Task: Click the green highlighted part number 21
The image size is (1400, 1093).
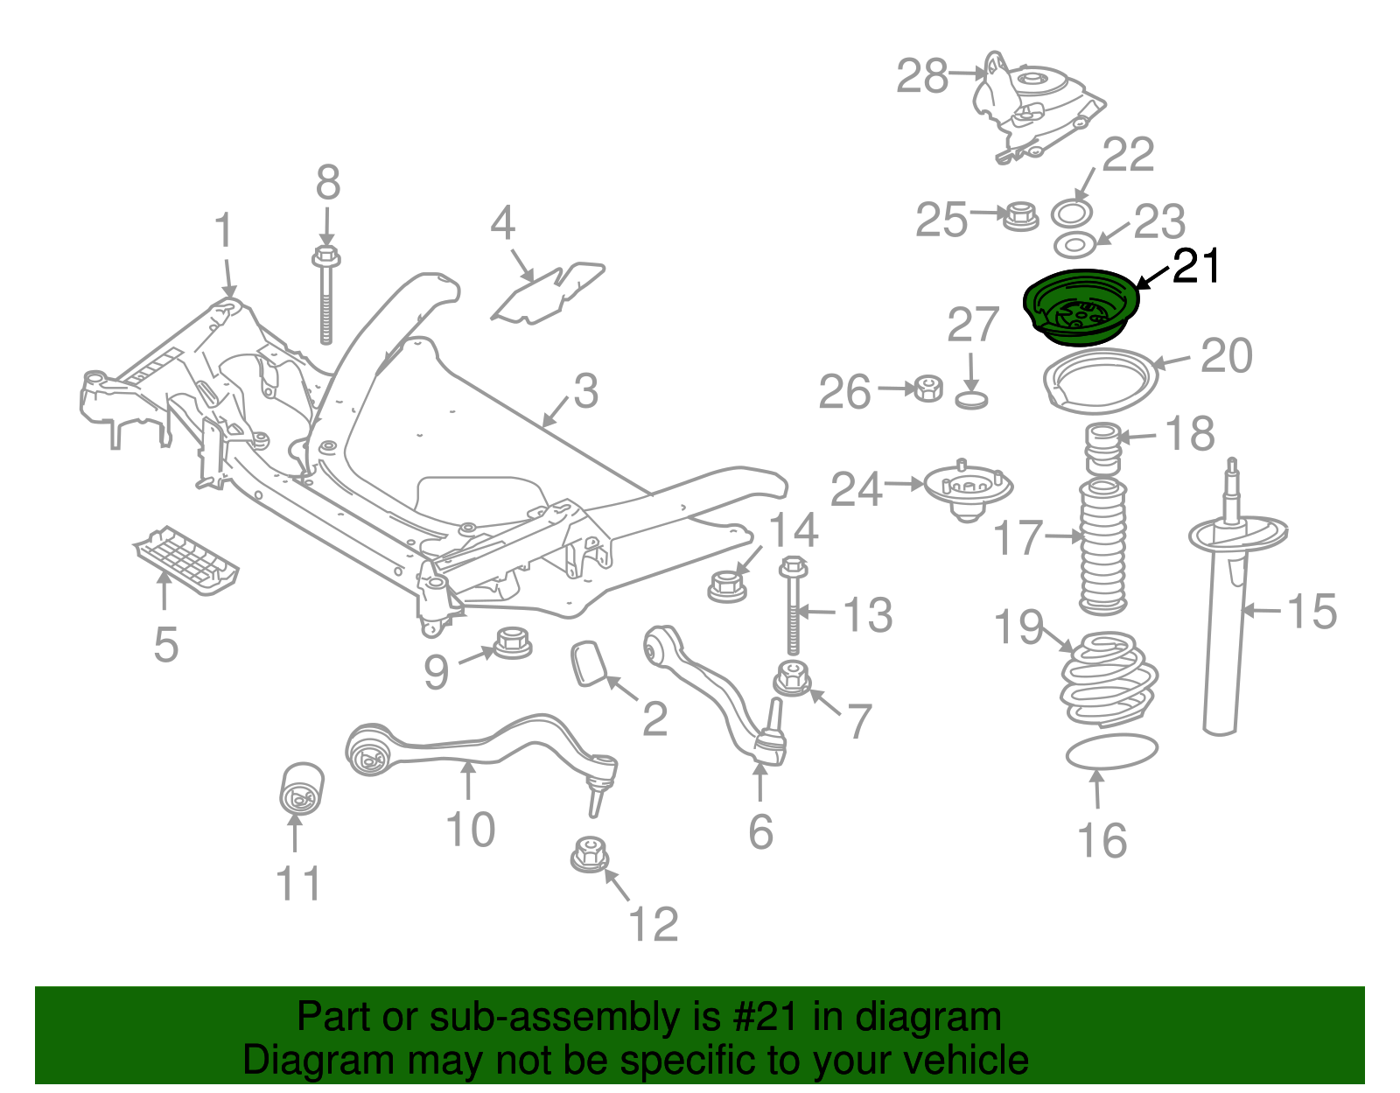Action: coord(1081,308)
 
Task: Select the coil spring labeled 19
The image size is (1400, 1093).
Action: coord(1107,681)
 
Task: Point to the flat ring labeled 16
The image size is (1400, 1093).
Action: coord(1111,752)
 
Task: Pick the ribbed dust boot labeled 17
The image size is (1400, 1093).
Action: coord(1102,547)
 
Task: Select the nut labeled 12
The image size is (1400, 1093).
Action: coord(589,854)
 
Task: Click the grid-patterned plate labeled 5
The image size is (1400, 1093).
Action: coord(186,560)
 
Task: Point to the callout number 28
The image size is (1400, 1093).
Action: coord(922,76)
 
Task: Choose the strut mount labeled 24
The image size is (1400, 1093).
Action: coord(968,490)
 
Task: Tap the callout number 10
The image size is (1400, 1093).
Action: coord(470,829)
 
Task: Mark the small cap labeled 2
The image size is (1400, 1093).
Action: coord(589,662)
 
